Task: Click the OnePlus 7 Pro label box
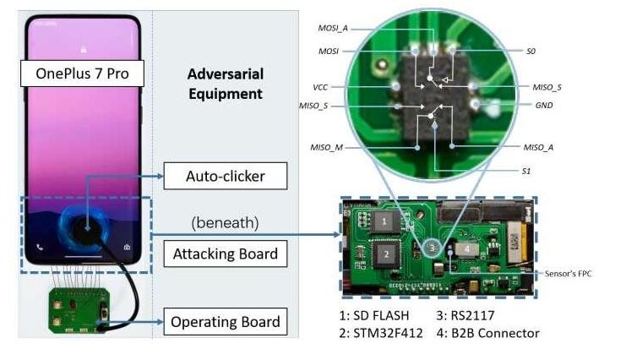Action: pos(82,74)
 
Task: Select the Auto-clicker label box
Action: pos(226,176)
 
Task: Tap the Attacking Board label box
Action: pos(226,254)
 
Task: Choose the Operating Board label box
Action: pos(226,322)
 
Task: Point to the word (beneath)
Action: pos(226,222)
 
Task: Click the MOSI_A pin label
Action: pos(333,29)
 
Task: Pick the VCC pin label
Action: pos(320,87)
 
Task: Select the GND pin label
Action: pos(544,105)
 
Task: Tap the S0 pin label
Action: pos(531,52)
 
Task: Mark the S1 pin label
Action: pos(526,171)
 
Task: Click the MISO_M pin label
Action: pos(327,147)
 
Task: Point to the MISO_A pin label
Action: pos(538,147)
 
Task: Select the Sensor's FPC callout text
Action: pos(568,274)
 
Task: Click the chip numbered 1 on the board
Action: pos(384,221)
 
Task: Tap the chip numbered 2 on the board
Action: pos(386,254)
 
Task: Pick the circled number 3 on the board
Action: pos(432,248)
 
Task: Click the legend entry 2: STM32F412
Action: pos(381,333)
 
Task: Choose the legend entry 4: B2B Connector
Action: pos(487,333)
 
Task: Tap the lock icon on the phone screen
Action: pos(84,49)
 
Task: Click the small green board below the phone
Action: pos(79,310)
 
